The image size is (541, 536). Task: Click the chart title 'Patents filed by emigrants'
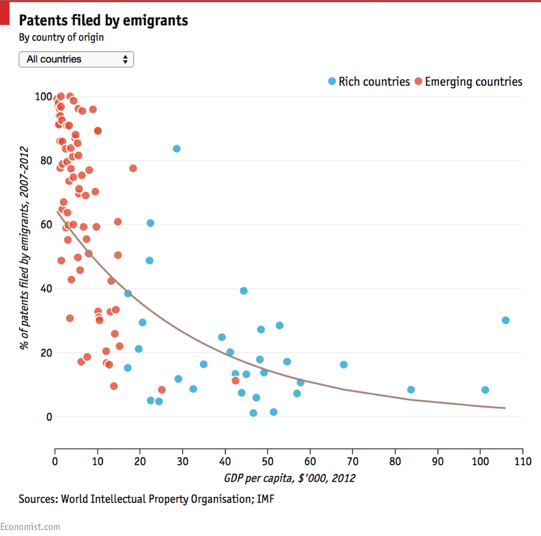click(103, 20)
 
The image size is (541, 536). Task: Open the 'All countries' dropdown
click(76, 60)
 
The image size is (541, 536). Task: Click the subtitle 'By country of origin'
click(61, 37)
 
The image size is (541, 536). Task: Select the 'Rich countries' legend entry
click(369, 82)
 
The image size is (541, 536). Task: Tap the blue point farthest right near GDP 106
click(506, 320)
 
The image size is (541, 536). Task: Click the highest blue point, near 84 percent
click(177, 149)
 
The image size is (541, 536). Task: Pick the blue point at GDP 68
click(344, 365)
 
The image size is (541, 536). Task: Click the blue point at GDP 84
click(411, 390)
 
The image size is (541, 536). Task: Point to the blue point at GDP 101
click(485, 390)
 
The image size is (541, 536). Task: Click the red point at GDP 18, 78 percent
click(133, 169)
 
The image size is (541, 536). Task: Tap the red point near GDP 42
click(235, 381)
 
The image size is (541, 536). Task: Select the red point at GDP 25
click(162, 390)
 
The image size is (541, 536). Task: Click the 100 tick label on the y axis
click(44, 96)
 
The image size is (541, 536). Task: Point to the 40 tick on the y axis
click(46, 288)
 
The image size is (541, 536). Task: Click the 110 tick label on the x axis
click(522, 462)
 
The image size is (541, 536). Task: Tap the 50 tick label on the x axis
click(267, 462)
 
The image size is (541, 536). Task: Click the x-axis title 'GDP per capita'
click(290, 478)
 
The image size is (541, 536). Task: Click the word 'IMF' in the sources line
click(265, 499)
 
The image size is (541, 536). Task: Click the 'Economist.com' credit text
click(30, 527)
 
